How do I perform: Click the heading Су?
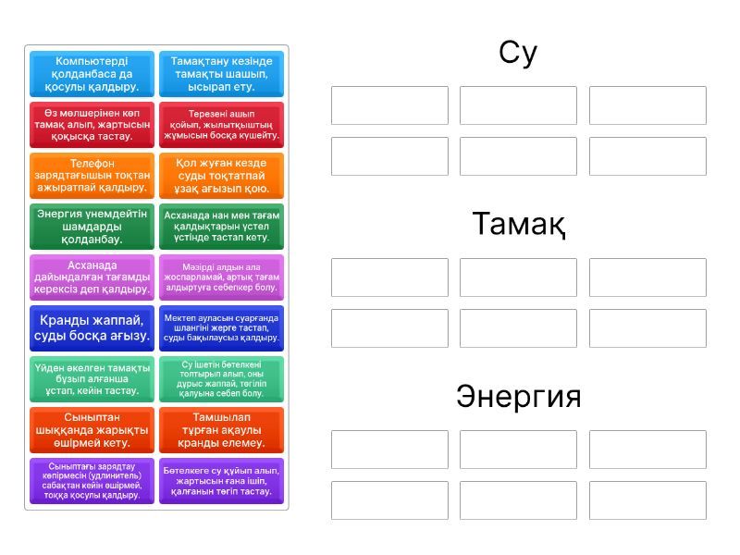click(x=518, y=53)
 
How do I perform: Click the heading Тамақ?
click(x=518, y=224)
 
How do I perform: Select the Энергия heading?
click(x=518, y=397)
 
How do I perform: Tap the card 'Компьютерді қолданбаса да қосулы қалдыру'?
click(x=92, y=74)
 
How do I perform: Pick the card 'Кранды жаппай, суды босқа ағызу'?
click(x=92, y=327)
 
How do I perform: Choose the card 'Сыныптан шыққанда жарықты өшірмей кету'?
click(x=92, y=430)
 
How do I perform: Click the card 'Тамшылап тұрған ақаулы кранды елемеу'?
click(x=221, y=430)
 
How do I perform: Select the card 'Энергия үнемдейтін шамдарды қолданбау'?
click(x=92, y=227)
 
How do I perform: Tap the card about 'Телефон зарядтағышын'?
click(x=92, y=176)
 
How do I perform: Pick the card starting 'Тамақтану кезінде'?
click(x=221, y=74)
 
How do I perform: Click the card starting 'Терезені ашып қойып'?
click(x=221, y=125)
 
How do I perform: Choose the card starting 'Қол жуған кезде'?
click(x=221, y=176)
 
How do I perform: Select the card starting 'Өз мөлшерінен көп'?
click(x=92, y=125)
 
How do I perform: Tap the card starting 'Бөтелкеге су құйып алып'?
click(x=221, y=481)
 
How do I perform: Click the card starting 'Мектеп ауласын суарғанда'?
click(x=221, y=327)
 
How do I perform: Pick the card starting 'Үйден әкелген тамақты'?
click(x=92, y=379)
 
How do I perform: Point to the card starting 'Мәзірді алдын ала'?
click(x=221, y=277)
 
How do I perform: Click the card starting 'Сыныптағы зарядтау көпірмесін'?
click(x=92, y=481)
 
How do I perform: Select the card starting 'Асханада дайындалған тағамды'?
click(x=92, y=277)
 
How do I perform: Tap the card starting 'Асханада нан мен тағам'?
click(x=221, y=227)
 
